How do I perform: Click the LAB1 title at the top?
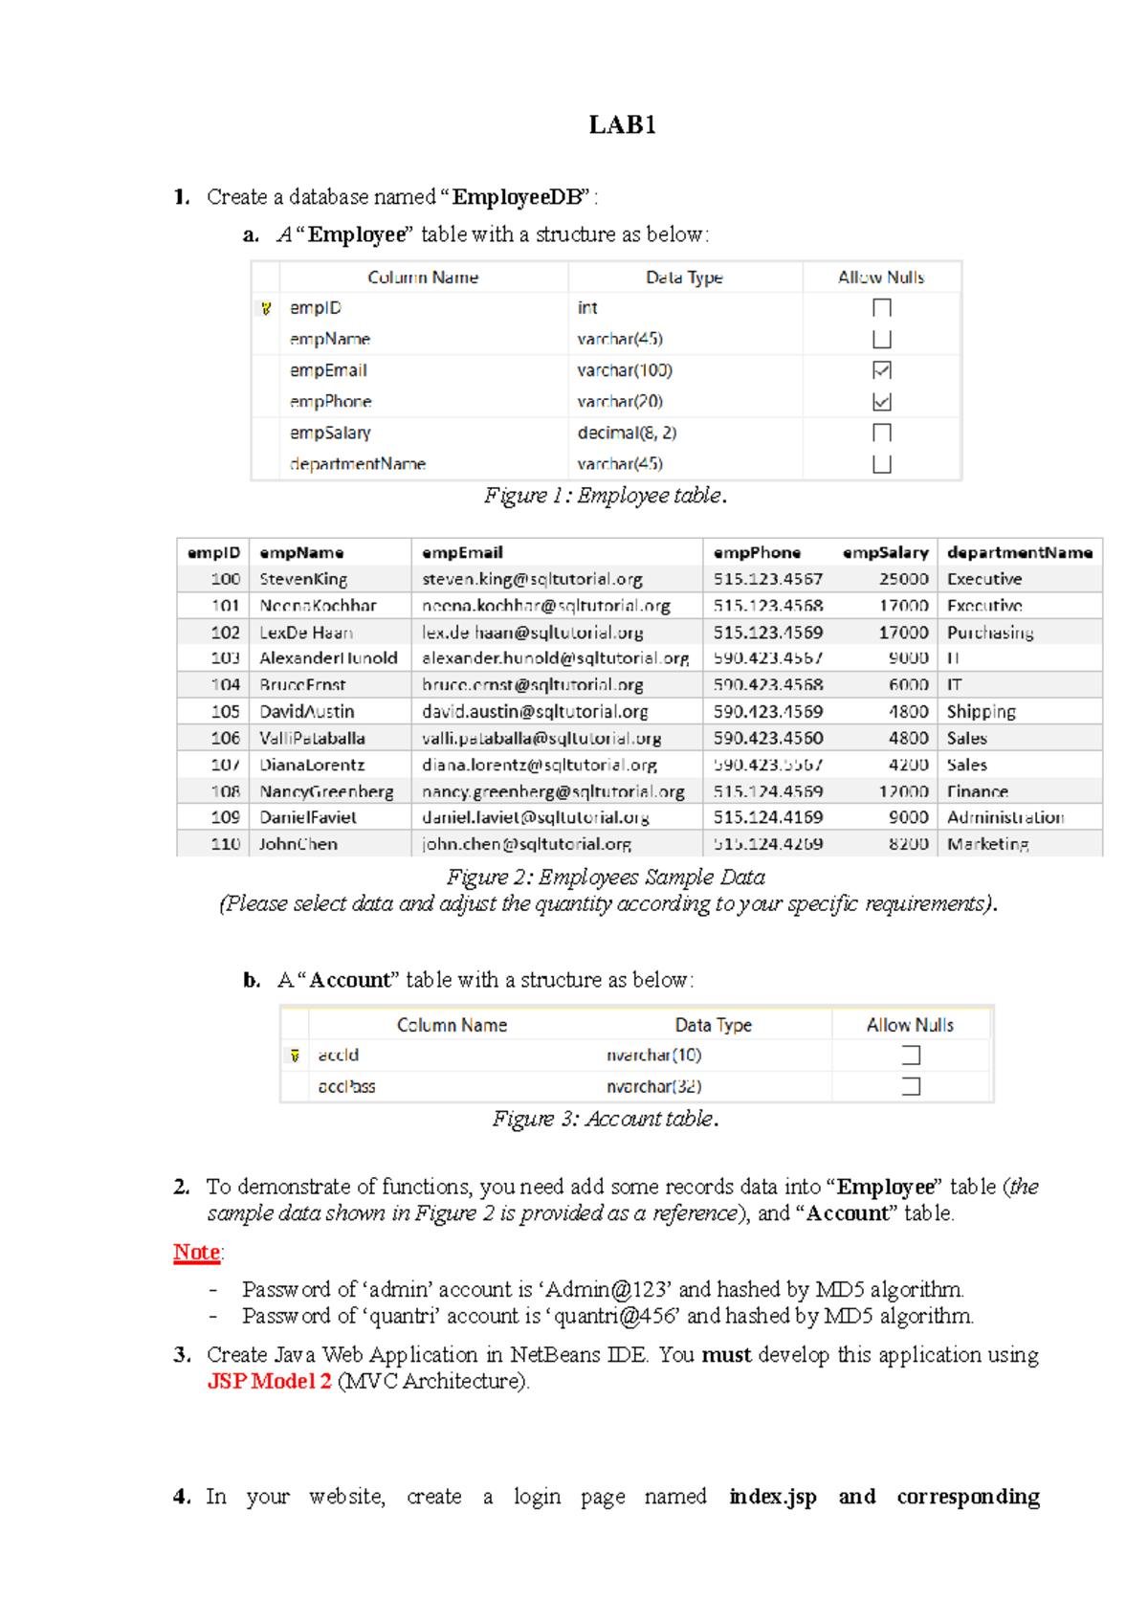click(622, 125)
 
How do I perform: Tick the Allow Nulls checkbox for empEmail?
click(882, 370)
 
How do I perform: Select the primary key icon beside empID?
click(266, 308)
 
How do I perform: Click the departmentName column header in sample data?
click(1019, 552)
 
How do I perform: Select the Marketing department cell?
click(987, 844)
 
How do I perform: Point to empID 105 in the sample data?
click(226, 711)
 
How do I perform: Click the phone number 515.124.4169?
click(767, 817)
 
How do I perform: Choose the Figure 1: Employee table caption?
click(606, 496)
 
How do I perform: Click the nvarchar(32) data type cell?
click(654, 1086)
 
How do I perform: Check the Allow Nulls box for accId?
click(911, 1055)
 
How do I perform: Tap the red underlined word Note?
click(197, 1252)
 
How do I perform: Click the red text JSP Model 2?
click(270, 1381)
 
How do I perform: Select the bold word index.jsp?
click(773, 1497)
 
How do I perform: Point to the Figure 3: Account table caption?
click(606, 1119)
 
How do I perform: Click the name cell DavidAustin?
click(307, 711)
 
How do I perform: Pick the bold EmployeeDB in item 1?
click(517, 197)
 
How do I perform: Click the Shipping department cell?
click(981, 711)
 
